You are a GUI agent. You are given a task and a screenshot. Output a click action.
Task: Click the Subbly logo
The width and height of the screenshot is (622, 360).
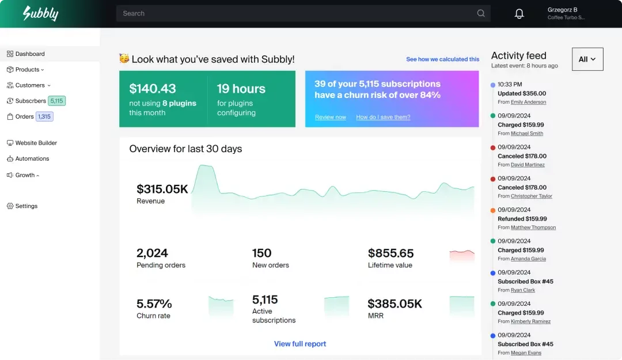tap(40, 13)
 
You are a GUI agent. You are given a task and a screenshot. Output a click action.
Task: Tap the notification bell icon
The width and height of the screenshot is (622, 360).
tap(519, 14)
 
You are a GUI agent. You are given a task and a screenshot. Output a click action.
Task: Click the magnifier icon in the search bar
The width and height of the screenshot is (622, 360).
tap(481, 14)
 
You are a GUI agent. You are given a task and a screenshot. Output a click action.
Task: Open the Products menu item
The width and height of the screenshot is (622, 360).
tap(27, 70)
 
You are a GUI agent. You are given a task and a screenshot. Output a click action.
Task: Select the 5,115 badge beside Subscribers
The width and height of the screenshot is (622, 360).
tap(56, 101)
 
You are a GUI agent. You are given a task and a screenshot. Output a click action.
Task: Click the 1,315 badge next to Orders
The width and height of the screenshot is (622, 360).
tap(44, 116)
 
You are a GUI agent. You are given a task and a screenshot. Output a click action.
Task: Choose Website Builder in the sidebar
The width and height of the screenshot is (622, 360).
tap(36, 143)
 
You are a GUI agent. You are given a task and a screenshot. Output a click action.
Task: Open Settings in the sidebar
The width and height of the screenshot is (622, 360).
tap(26, 206)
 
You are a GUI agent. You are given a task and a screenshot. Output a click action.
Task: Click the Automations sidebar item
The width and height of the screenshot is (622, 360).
tap(32, 159)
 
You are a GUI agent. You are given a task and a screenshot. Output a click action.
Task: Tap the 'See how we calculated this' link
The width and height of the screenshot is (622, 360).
tap(442, 59)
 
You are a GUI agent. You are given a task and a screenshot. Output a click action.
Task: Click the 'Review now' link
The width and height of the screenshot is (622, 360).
tap(331, 118)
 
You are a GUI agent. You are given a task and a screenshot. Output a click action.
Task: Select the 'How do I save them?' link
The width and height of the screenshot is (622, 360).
tap(383, 118)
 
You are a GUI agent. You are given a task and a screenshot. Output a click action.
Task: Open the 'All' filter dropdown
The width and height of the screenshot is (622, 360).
tap(587, 59)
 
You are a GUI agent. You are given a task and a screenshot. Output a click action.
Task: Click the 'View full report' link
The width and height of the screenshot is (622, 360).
tap(300, 344)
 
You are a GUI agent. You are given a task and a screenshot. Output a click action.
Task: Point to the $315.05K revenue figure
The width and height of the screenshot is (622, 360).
tap(162, 189)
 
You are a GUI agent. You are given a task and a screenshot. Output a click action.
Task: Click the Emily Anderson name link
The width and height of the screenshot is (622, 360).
tap(528, 103)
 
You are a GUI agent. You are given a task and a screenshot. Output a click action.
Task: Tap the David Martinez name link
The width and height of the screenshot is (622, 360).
tap(528, 165)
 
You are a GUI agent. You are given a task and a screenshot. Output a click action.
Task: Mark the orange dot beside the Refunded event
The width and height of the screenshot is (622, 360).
tap(493, 210)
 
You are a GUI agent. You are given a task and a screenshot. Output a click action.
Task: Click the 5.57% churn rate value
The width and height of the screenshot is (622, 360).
tap(154, 304)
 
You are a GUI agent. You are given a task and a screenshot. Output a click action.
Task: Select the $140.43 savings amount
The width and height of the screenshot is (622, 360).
tap(153, 89)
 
